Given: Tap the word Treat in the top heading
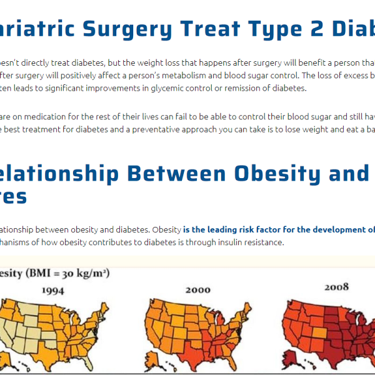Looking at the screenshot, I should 210,29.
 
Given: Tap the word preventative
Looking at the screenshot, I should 162,129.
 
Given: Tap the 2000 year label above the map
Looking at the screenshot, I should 197,289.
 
